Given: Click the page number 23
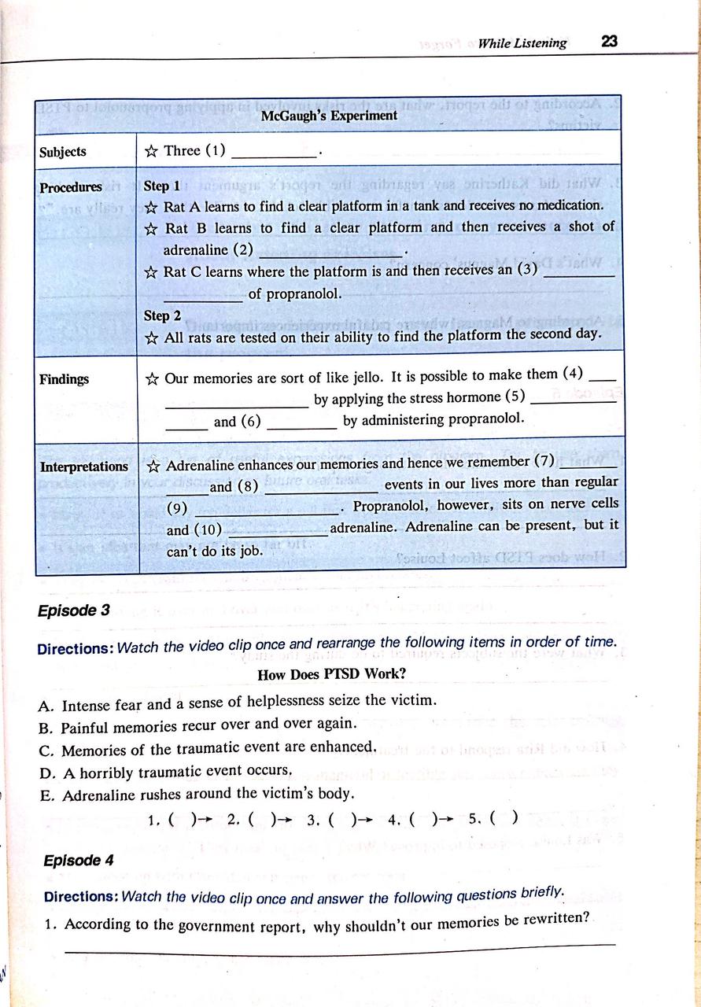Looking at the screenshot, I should [609, 42].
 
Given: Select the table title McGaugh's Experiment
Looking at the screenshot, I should [329, 116].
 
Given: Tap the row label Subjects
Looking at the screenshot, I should [63, 152].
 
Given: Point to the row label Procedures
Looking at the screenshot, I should [71, 187].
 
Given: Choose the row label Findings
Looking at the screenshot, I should [65, 379].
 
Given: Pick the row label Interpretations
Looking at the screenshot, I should [84, 467].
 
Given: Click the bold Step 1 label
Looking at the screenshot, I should [162, 186].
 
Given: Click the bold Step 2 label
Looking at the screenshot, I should [162, 315].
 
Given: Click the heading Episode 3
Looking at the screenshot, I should [73, 610].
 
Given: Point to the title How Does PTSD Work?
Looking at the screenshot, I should [331, 674].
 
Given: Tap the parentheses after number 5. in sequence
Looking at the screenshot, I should [504, 818].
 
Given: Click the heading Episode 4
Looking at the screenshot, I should [73, 861].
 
